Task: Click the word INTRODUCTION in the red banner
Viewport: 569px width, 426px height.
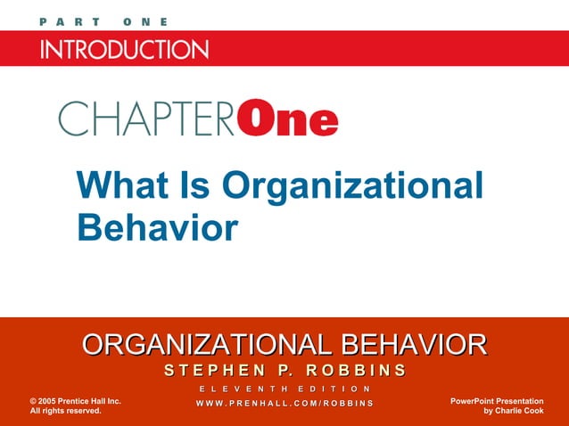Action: (124, 48)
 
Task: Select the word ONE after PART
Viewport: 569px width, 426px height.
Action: (144, 21)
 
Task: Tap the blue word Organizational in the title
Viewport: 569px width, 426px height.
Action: (353, 185)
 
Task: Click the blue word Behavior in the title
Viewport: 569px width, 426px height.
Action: (158, 226)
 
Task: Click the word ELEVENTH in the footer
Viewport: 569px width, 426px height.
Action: (239, 389)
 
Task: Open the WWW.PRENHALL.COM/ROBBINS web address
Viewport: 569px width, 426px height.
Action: (284, 406)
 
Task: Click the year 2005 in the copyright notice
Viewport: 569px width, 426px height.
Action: (52, 402)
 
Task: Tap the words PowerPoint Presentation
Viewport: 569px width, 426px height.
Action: (497, 402)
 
